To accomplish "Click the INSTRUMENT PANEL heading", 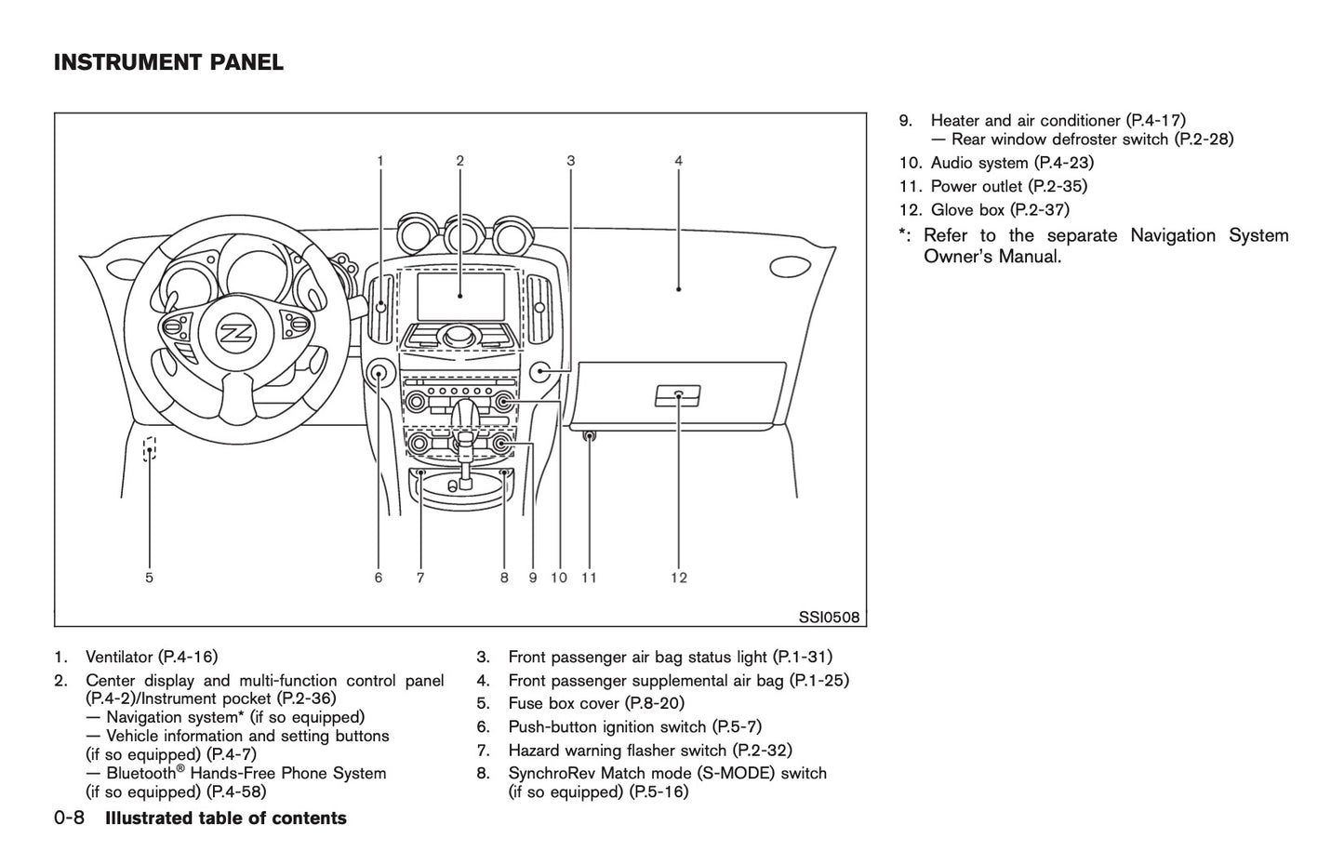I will [168, 63].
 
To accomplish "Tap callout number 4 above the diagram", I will [679, 161].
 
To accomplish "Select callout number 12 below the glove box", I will [679, 578].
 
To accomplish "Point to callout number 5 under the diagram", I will [149, 578].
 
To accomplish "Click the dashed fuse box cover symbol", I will [149, 451].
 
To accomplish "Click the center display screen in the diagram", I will [460, 296].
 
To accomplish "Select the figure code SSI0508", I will [828, 617].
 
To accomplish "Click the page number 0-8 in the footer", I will [71, 818].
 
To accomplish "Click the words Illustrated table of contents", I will [226, 818].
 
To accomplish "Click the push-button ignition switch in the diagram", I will [379, 374].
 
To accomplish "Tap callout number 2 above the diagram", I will [459, 161].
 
